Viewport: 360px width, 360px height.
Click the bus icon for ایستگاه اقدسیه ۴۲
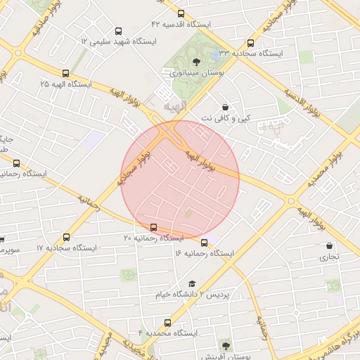pos(181,13)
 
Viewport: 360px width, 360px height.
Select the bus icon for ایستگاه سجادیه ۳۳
pos(250,42)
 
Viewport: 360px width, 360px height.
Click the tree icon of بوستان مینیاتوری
pos(195,62)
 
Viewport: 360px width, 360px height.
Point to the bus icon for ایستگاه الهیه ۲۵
pos(66,72)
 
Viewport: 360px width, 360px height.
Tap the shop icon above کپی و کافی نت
pos(225,107)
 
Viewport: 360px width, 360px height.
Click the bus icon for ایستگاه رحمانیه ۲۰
pos(153,227)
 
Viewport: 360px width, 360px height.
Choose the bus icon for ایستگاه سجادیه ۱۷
pos(67,238)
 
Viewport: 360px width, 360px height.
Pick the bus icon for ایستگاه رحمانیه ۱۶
pos(204,243)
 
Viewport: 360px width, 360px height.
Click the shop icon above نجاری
pos(330,246)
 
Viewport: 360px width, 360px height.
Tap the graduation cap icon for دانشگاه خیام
pos(192,283)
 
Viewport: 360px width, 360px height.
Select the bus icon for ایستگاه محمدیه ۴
pos(168,323)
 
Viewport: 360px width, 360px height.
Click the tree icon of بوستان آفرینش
pos(225,345)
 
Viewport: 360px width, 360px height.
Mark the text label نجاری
pos(330,257)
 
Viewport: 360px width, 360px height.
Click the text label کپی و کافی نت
pos(226,118)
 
